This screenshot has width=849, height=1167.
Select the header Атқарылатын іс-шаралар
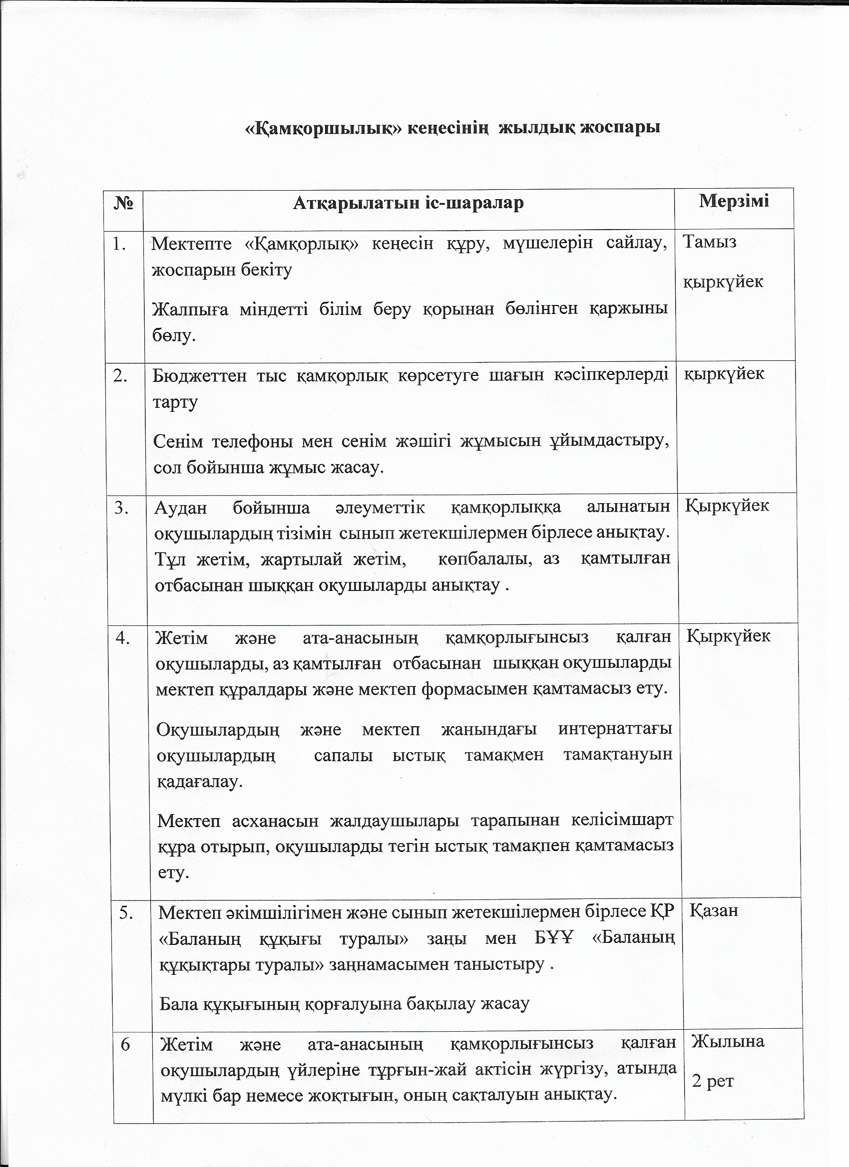click(x=409, y=203)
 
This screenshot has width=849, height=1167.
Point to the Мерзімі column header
click(x=734, y=200)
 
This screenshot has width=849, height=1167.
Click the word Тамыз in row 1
click(x=710, y=241)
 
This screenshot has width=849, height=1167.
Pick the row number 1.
click(x=120, y=245)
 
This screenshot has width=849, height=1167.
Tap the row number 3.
click(x=121, y=508)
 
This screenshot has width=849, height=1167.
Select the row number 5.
click(x=127, y=912)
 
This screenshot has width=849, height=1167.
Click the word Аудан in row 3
click(x=181, y=507)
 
